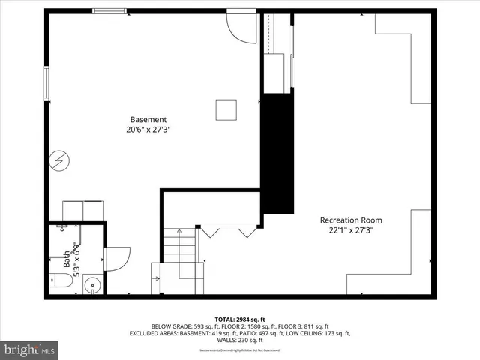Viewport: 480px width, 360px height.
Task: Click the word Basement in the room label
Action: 148,119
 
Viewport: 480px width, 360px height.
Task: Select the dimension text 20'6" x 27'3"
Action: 148,130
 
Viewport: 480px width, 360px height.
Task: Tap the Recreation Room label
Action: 351,220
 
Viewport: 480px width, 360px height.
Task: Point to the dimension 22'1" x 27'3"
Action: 351,230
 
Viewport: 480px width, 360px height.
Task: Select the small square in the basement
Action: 226,109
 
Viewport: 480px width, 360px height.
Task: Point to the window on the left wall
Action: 46,83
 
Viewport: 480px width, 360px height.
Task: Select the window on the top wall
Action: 109,11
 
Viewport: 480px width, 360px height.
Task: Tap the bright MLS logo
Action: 29,349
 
